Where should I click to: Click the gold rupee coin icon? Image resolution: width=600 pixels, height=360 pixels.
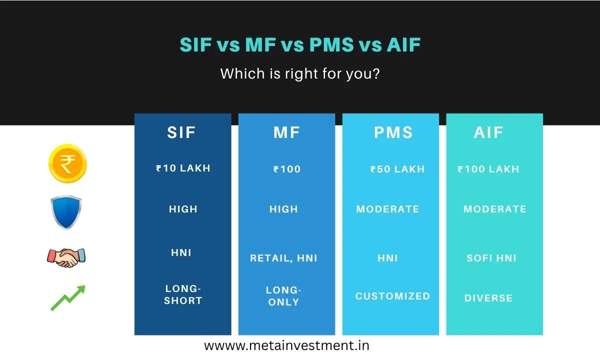[x=67, y=163]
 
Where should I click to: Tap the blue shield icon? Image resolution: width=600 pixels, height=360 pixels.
[x=66, y=212]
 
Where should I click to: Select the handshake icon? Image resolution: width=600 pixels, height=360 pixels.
[x=66, y=257]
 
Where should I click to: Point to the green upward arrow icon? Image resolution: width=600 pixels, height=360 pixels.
[x=68, y=298]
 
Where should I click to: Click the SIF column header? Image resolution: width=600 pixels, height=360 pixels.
[x=181, y=132]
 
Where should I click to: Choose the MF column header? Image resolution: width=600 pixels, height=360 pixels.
[x=287, y=132]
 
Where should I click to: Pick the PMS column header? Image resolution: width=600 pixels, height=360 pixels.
[x=393, y=132]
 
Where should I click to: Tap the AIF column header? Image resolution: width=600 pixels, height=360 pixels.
[x=488, y=132]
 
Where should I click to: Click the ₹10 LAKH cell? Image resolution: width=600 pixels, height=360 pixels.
[x=183, y=168]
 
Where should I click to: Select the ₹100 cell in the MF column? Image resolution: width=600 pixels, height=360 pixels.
[x=287, y=169]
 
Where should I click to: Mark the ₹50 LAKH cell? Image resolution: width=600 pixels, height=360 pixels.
[x=397, y=169]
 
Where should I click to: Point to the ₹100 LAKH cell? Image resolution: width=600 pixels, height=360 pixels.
[x=488, y=169]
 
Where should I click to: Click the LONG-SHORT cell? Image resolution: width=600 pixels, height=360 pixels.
[x=183, y=295]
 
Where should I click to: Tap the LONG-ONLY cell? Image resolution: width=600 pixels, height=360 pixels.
[x=283, y=296]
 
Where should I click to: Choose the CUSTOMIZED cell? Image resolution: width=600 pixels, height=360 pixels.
[x=392, y=296]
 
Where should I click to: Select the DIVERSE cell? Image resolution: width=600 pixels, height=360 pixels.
[x=488, y=298]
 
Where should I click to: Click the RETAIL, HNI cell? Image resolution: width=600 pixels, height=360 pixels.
[x=283, y=258]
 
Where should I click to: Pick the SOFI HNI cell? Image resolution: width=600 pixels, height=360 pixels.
[x=491, y=258]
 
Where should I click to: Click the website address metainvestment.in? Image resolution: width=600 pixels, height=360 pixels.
[x=286, y=345]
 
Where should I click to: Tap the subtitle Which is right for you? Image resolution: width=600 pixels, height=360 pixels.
[x=300, y=74]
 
